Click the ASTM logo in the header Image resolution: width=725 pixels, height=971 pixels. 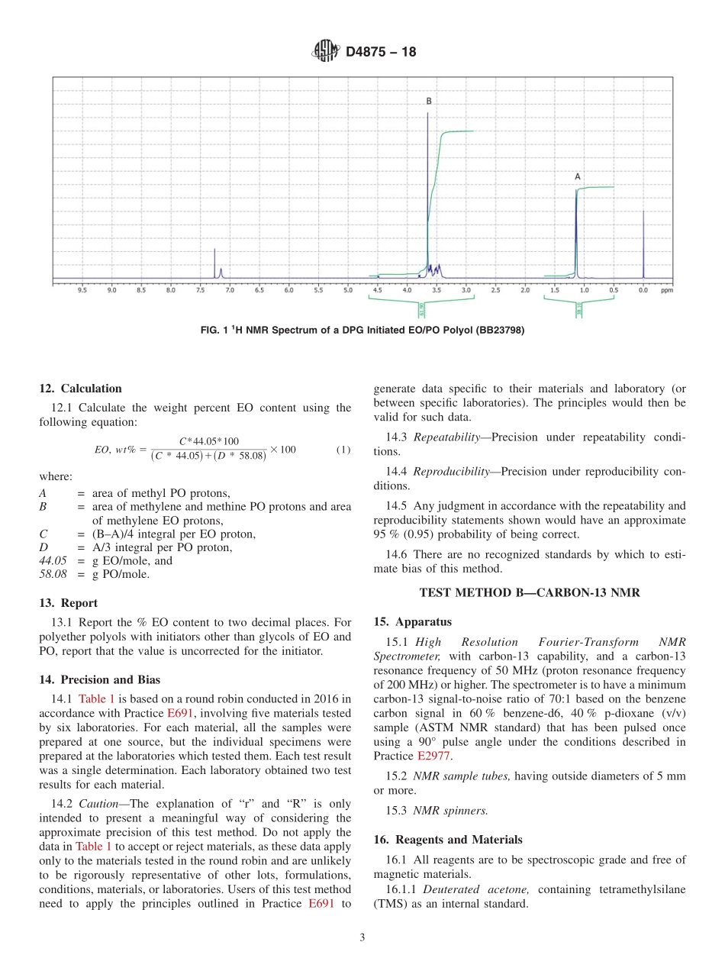point(326,52)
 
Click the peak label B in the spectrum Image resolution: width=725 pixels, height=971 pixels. point(429,101)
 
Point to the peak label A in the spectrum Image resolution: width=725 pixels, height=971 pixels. point(578,176)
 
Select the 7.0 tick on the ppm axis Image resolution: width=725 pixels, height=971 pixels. point(230,290)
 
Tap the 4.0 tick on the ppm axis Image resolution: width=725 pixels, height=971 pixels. point(407,290)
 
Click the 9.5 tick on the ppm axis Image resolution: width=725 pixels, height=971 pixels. point(82,290)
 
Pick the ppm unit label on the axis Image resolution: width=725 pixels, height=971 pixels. point(666,290)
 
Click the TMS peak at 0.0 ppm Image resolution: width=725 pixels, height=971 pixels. point(643,244)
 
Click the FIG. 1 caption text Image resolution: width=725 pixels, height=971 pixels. point(362,330)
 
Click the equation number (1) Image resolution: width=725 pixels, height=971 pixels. point(343,450)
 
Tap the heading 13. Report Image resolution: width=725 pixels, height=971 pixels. point(68,603)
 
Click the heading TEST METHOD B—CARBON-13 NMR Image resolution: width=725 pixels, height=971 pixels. point(529,592)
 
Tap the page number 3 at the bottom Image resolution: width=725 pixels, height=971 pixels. point(362,938)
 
